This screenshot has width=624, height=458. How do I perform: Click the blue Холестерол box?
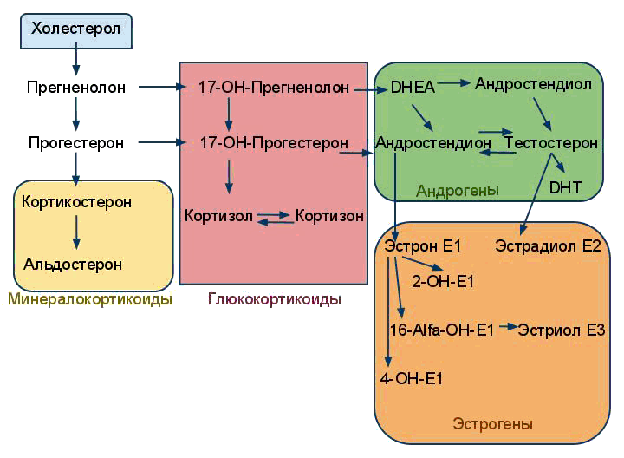pyautogui.click(x=76, y=30)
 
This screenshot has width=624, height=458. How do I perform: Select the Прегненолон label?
pyautogui.click(x=76, y=88)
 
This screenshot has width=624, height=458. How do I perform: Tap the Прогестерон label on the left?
pyautogui.click(x=75, y=142)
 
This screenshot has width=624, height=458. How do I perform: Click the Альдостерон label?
pyautogui.click(x=73, y=264)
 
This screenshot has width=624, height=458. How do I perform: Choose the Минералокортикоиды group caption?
pyautogui.click(x=89, y=299)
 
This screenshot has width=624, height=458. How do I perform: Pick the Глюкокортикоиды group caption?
pyautogui.click(x=275, y=299)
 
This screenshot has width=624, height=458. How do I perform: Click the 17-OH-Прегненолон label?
pyautogui.click(x=273, y=88)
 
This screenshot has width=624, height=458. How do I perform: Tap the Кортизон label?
pyautogui.click(x=329, y=214)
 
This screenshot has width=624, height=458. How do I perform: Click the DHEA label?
pyautogui.click(x=412, y=88)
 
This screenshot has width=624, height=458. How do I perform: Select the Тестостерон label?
pyautogui.click(x=551, y=142)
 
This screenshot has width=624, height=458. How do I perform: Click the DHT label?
pyautogui.click(x=565, y=186)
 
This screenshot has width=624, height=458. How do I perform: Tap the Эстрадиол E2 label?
pyautogui.click(x=548, y=246)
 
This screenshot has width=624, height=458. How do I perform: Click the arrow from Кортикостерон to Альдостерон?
pyautogui.click(x=76, y=232)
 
